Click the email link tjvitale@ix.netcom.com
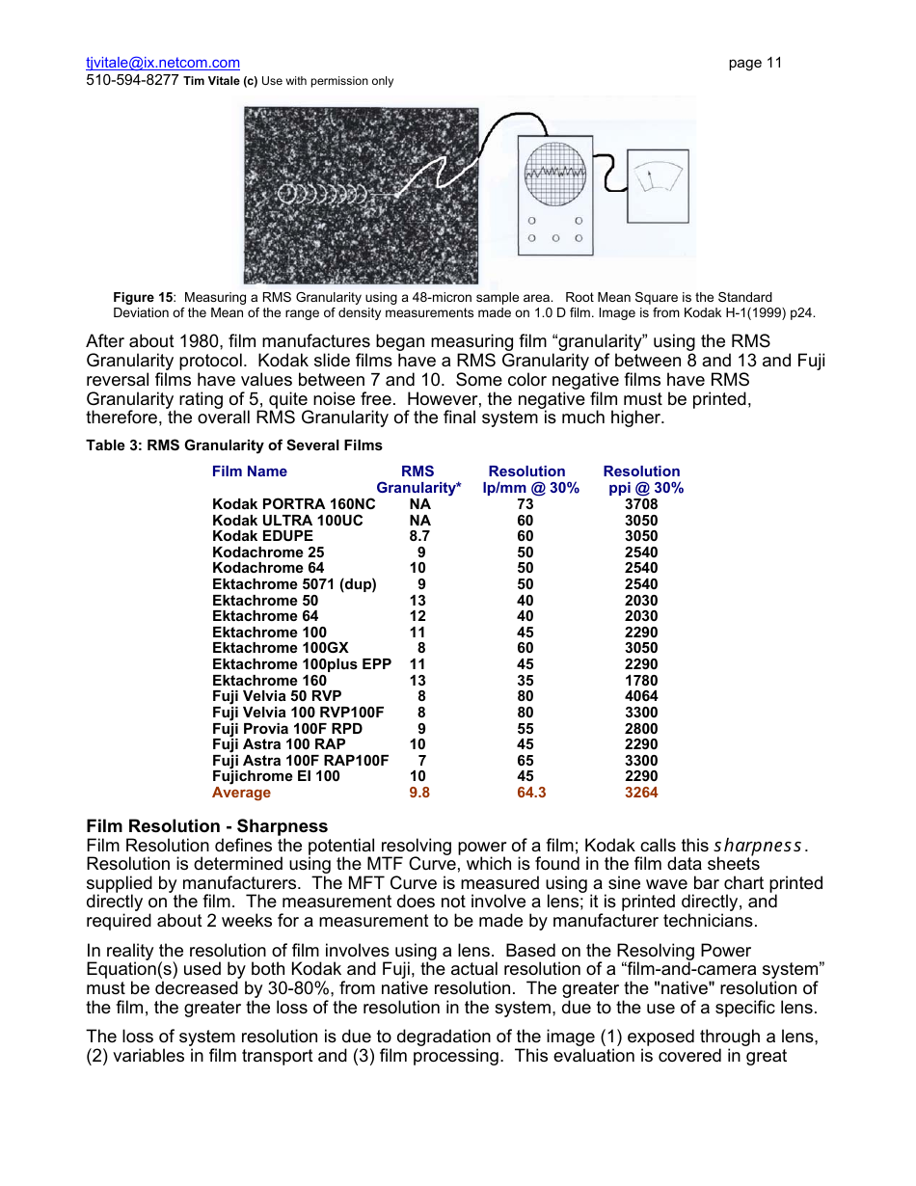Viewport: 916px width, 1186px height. click(162, 63)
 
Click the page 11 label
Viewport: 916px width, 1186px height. click(755, 63)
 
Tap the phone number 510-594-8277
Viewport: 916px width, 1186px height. click(132, 81)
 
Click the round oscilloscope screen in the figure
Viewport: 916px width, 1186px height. click(554, 174)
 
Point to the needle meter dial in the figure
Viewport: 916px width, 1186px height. click(657, 179)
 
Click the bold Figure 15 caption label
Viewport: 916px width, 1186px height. click(143, 297)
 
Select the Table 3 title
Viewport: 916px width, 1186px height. click(234, 445)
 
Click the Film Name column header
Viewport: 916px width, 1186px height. click(250, 472)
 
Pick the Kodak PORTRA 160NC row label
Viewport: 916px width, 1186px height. click(294, 504)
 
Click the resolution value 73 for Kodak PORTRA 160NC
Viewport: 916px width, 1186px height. click(525, 504)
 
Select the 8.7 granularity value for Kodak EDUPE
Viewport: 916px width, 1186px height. click(419, 536)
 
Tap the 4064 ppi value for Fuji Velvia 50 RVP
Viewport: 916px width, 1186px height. click(641, 696)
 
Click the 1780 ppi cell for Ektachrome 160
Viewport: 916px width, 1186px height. click(641, 681)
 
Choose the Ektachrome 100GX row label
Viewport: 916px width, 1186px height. click(281, 648)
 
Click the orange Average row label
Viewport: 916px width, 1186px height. click(242, 793)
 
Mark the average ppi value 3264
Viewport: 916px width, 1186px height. click(641, 793)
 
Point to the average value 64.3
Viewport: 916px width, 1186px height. click(531, 793)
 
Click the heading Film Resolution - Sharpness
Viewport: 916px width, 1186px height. click(207, 826)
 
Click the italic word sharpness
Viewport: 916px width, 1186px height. click(757, 846)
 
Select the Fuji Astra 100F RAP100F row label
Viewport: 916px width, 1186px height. click(301, 761)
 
